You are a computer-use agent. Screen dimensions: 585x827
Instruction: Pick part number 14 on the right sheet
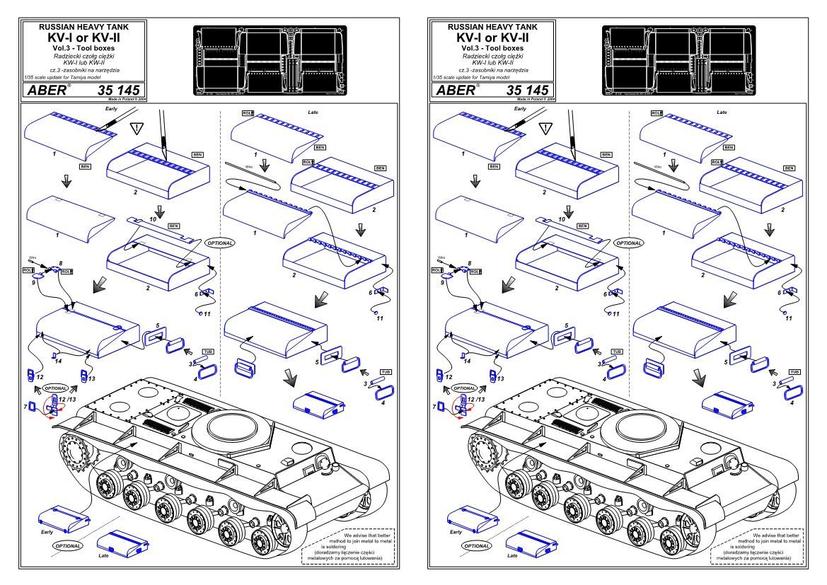(465, 360)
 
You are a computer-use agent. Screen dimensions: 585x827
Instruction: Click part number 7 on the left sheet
(26, 407)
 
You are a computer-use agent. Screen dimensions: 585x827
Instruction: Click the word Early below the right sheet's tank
(456, 531)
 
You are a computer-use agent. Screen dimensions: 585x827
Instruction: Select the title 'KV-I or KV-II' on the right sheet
(495, 36)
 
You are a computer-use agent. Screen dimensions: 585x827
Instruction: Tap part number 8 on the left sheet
(51, 262)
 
